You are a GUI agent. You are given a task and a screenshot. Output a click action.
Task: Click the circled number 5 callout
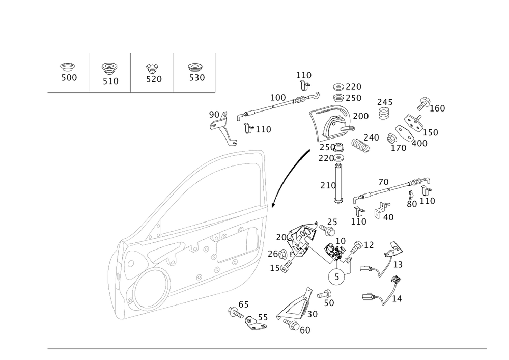click(336, 277)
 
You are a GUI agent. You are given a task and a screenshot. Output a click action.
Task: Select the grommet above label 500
click(68, 67)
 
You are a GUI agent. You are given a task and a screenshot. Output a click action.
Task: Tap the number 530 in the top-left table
click(197, 77)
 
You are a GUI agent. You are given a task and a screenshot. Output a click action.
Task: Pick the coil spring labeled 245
click(385, 113)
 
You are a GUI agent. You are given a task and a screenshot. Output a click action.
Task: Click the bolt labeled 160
click(423, 103)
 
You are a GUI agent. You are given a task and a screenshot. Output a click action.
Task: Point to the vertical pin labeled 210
click(338, 183)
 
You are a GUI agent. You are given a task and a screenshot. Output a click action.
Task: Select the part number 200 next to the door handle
click(361, 116)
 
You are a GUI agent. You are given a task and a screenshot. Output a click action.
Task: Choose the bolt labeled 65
click(236, 313)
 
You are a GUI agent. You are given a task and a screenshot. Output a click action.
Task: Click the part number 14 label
click(397, 299)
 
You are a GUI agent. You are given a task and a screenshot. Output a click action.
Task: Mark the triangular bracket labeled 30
click(295, 303)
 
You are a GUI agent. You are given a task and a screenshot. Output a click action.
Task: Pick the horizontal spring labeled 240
click(361, 145)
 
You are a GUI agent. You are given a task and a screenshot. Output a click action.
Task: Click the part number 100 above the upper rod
click(278, 97)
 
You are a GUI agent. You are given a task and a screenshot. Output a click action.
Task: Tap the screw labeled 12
click(356, 247)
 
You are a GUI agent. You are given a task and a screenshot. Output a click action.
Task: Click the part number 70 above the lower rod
click(383, 182)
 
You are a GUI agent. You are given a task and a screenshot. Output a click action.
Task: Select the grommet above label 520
click(151, 68)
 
